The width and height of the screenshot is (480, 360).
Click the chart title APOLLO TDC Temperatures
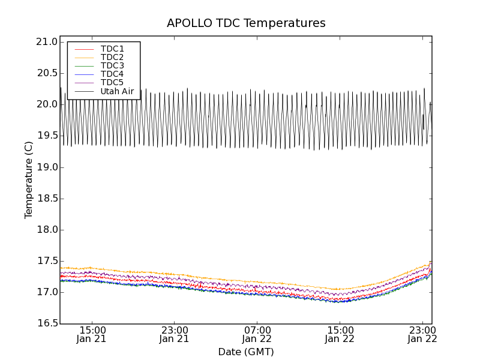tap(246, 23)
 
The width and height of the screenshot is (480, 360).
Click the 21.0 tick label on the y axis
tap(47, 42)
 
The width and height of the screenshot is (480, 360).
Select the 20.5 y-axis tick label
tap(47, 73)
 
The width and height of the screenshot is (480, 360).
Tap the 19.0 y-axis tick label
tap(47, 167)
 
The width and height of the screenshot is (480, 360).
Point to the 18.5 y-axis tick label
tap(47, 199)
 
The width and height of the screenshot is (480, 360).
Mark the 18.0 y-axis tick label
tap(47, 230)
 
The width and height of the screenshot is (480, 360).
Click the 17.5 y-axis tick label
tap(47, 261)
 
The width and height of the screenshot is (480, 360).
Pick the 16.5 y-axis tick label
tap(47, 324)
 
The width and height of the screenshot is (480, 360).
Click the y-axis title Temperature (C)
tap(29, 180)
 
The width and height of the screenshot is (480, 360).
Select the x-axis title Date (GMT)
tap(246, 352)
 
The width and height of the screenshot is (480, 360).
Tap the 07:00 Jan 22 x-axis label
tap(257, 334)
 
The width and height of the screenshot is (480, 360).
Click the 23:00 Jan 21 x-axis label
tap(174, 334)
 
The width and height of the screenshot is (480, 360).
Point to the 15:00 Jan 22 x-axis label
tap(340, 334)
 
